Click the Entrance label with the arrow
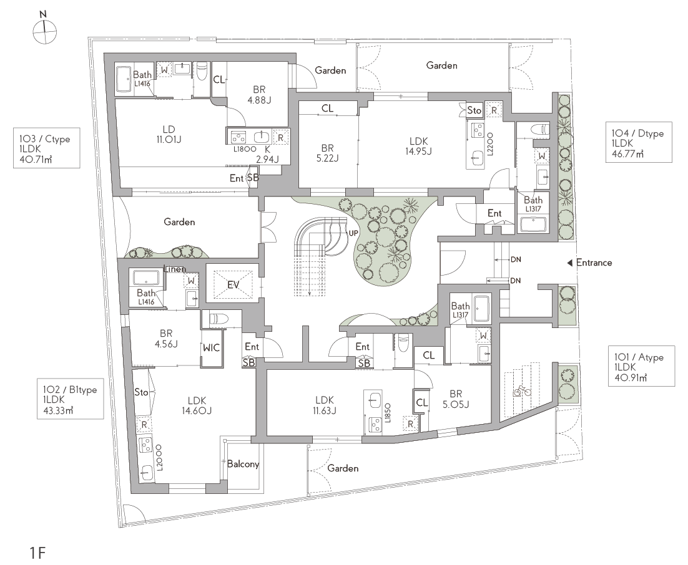point(590,263)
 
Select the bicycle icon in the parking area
point(522,390)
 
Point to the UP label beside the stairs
point(353,233)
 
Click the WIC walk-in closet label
point(211,348)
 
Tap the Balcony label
point(243,464)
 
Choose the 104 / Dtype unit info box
point(639,142)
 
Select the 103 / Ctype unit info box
point(46,148)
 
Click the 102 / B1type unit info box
point(70,399)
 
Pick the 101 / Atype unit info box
point(642,367)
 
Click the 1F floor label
point(37,553)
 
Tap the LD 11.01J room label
point(169,135)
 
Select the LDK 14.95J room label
point(418,147)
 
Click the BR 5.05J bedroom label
point(456,399)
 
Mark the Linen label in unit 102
point(175,269)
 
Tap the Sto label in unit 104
point(474,110)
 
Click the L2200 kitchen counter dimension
point(491,144)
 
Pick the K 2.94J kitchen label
point(267,154)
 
